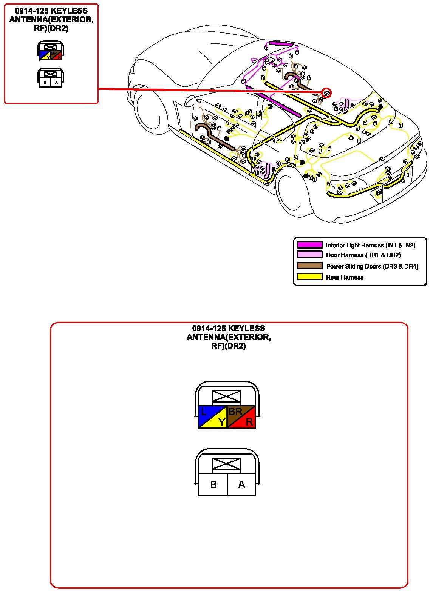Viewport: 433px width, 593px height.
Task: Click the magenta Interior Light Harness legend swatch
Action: click(309, 245)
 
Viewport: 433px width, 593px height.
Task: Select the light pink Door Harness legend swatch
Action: click(309, 255)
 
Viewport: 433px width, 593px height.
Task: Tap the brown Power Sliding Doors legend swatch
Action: click(309, 266)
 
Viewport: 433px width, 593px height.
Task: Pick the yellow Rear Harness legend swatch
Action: click(309, 277)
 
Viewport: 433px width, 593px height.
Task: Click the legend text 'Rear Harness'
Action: click(345, 277)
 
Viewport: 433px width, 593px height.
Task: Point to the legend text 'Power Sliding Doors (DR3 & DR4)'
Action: click(372, 266)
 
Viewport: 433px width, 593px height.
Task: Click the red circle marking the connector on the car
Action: click(326, 92)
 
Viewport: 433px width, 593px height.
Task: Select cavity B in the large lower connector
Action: click(213, 484)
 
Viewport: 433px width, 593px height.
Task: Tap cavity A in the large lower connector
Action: click(241, 484)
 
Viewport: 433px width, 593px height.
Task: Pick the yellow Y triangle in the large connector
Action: click(218, 422)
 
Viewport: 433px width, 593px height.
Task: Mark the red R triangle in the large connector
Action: click(247, 422)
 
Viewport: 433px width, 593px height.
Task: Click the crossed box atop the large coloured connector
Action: click(226, 397)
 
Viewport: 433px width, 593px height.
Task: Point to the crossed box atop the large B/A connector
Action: click(226, 464)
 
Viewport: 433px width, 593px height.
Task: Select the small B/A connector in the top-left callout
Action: click(51, 78)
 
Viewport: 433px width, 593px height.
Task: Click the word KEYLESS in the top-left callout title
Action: click(69, 11)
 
